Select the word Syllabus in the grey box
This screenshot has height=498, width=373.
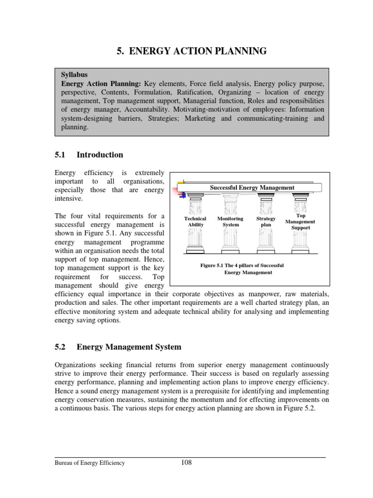[x=74, y=75]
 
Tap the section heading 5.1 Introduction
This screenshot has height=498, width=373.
[x=88, y=155]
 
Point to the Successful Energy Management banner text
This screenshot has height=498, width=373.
[x=252, y=187]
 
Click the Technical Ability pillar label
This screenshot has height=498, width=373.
[x=196, y=222]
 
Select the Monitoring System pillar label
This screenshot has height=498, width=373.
[x=230, y=222]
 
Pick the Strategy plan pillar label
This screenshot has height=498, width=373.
[x=266, y=222]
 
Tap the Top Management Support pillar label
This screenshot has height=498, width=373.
[x=300, y=221]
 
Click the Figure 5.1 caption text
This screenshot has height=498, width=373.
[x=241, y=269]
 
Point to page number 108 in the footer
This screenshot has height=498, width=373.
[x=186, y=462]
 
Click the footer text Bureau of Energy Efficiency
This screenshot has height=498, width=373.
[x=89, y=463]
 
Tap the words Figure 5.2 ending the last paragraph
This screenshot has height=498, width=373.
[x=301, y=408]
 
